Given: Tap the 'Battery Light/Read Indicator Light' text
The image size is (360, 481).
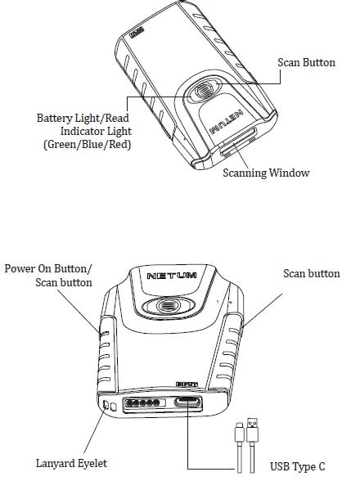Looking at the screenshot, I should (x=83, y=124).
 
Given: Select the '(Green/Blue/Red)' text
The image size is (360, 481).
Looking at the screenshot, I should (x=88, y=145).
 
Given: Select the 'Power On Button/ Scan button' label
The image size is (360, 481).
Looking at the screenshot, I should (x=49, y=275).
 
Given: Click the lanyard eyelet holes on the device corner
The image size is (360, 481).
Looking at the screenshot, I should (x=106, y=406).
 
